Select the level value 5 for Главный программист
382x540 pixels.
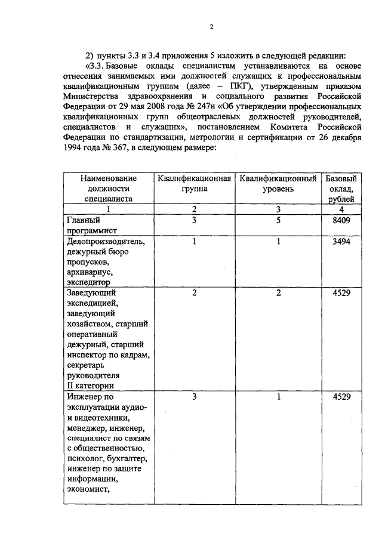coord(278,220)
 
